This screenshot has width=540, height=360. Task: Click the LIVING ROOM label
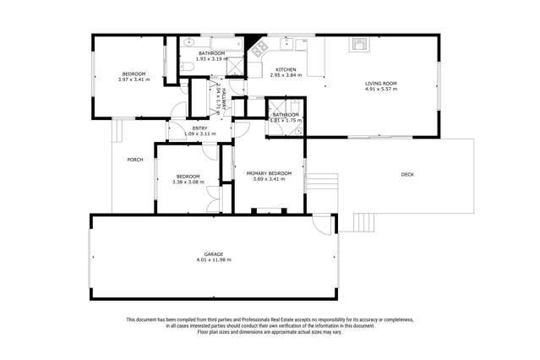pos(380,83)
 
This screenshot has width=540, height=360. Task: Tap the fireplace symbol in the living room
pos(361,44)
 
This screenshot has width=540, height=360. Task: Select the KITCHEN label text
pos(285,69)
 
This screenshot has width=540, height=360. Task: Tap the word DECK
pos(407,174)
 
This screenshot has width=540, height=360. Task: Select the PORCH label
pos(134,160)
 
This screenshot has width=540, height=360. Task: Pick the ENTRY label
pos(200,128)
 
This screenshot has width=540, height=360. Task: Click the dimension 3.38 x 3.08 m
pos(188,182)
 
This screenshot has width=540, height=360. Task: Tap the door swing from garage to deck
pos(323,225)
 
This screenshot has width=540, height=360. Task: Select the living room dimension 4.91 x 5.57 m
pos(380,89)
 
